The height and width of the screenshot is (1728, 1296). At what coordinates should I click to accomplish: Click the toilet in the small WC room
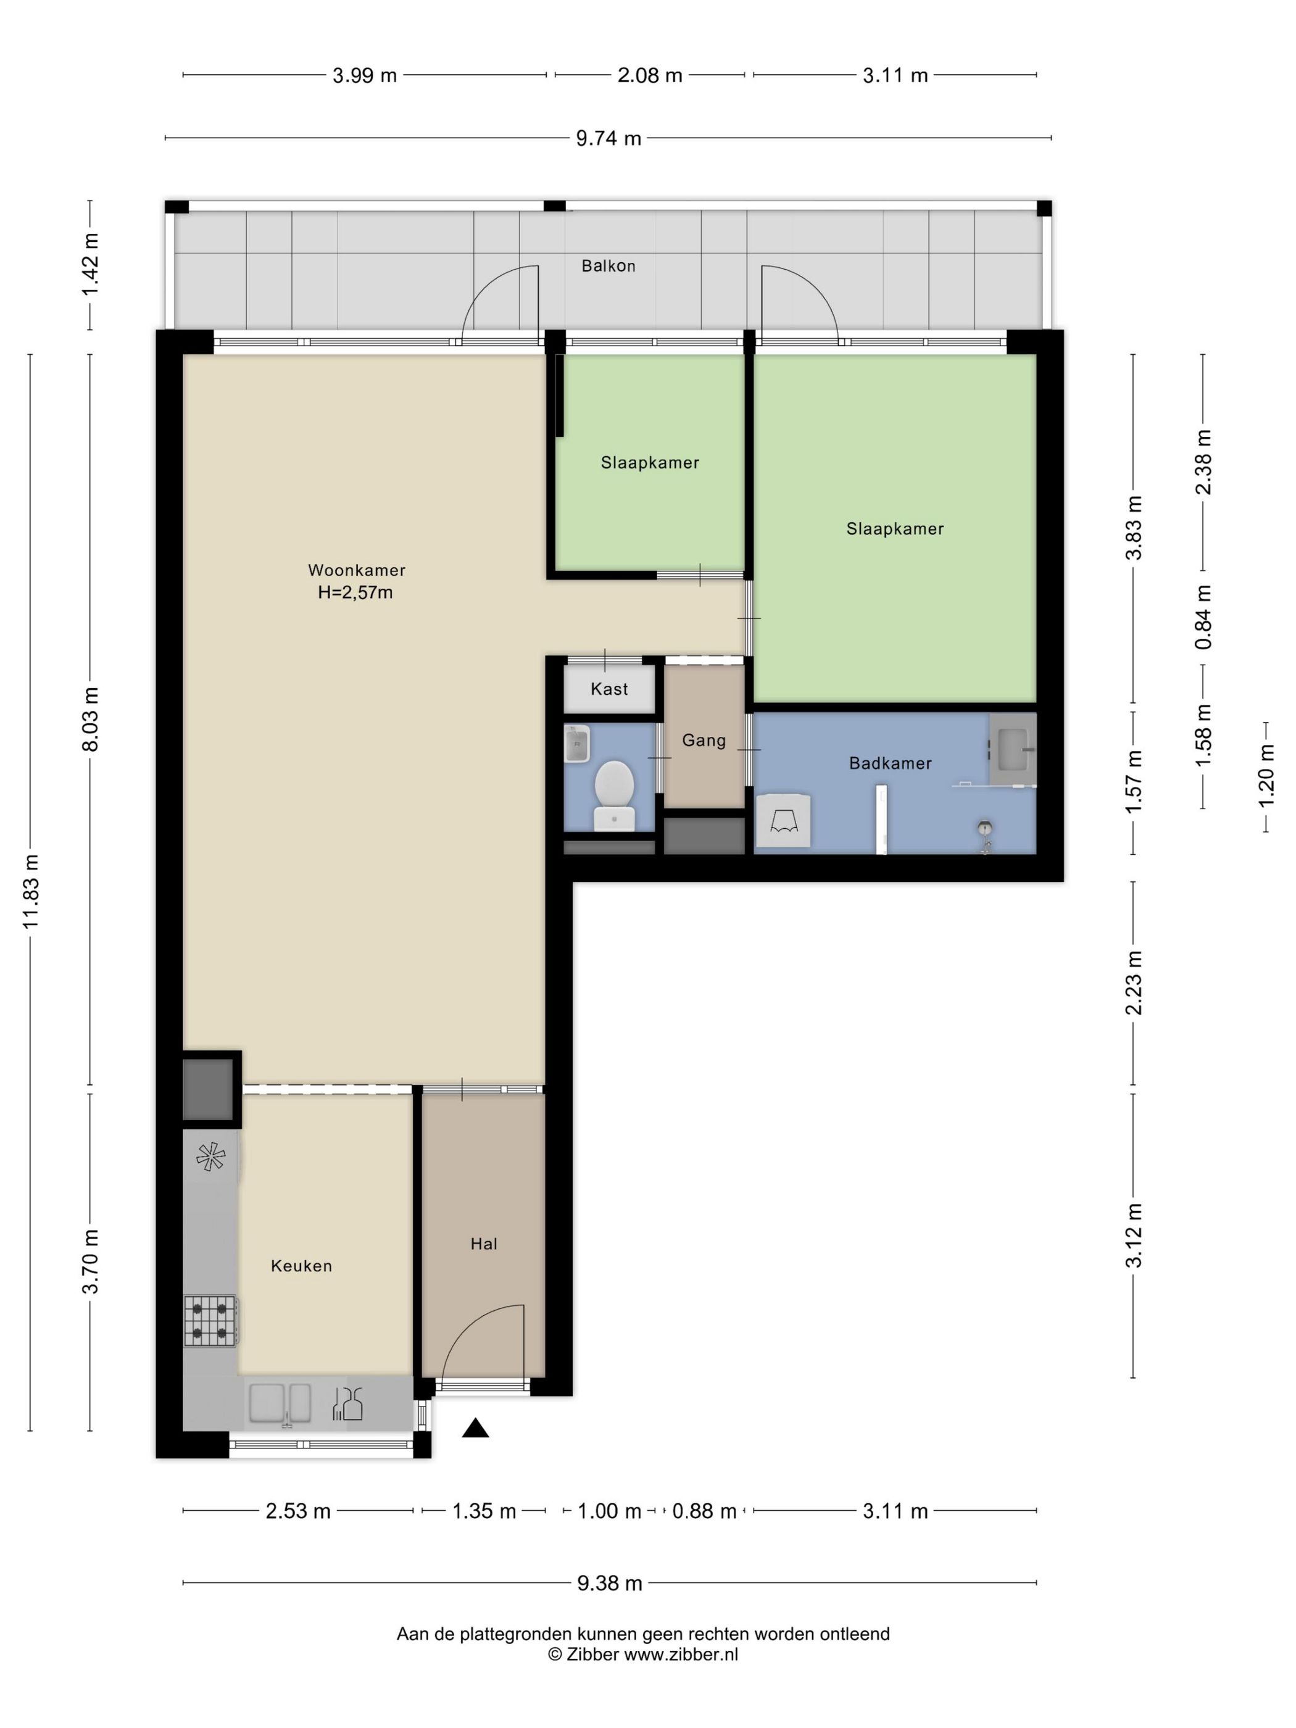(614, 794)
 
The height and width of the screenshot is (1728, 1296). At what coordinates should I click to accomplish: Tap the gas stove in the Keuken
(211, 1319)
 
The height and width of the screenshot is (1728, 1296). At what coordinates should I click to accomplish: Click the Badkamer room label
(890, 763)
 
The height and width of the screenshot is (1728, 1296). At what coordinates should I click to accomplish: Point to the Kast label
(609, 688)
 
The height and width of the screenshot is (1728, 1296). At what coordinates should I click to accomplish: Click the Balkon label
(608, 265)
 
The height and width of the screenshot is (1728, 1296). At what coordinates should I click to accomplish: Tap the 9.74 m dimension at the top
(609, 138)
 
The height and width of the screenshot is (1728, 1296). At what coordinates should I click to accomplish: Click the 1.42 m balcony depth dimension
(91, 265)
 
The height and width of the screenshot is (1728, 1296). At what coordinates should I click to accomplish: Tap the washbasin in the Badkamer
(1013, 749)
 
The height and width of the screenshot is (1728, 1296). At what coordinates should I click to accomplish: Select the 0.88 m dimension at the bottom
(704, 1511)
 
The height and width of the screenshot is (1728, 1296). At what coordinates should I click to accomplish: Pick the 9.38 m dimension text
(609, 1583)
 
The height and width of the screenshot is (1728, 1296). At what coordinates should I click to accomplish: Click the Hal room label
(484, 1244)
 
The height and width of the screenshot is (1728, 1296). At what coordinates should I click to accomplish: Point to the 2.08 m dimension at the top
(649, 75)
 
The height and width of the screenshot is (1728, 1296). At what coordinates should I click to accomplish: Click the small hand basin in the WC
(576, 744)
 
